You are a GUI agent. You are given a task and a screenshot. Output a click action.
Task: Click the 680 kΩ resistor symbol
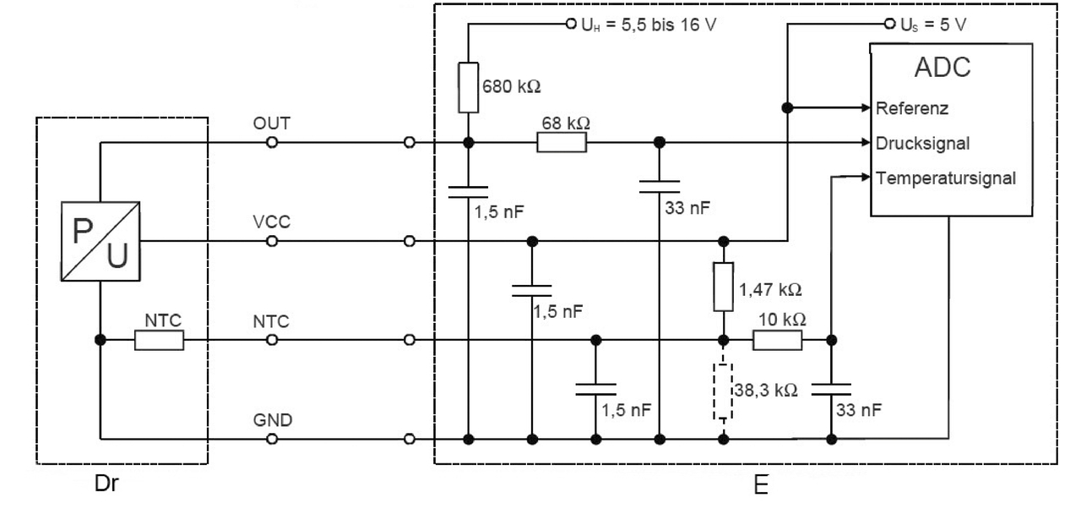[x=468, y=88]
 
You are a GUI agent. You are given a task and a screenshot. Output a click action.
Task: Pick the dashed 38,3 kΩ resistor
[x=723, y=391]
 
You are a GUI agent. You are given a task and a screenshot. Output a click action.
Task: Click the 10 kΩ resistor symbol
[x=777, y=340]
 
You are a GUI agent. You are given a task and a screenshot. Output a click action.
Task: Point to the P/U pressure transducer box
[x=100, y=241]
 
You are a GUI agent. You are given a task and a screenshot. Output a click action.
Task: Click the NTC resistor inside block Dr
[x=159, y=340]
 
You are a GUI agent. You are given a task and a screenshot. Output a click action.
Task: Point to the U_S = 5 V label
[x=935, y=23]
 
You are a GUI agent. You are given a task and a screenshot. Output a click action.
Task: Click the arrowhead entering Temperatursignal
[x=864, y=178]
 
